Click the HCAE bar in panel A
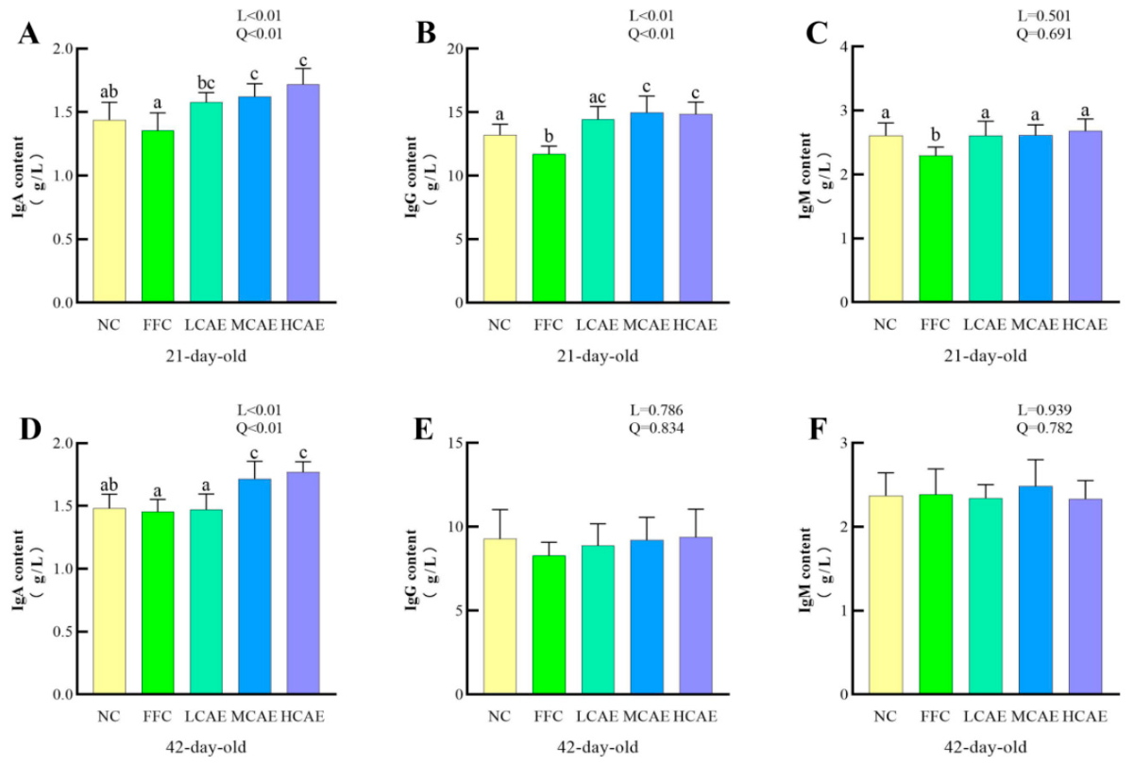303,194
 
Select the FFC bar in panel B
549,229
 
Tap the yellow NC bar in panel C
886,218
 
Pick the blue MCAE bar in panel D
254,586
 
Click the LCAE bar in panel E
598,620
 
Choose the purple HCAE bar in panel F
1085,597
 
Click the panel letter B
426,33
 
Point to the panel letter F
818,428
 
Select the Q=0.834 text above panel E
656,428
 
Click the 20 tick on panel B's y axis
457,48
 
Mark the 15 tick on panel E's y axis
457,443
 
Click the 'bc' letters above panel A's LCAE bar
206,82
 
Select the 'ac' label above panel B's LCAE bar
598,97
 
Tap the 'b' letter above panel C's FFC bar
936,135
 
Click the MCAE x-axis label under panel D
254,717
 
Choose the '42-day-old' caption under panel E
598,747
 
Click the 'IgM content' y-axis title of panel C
805,176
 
